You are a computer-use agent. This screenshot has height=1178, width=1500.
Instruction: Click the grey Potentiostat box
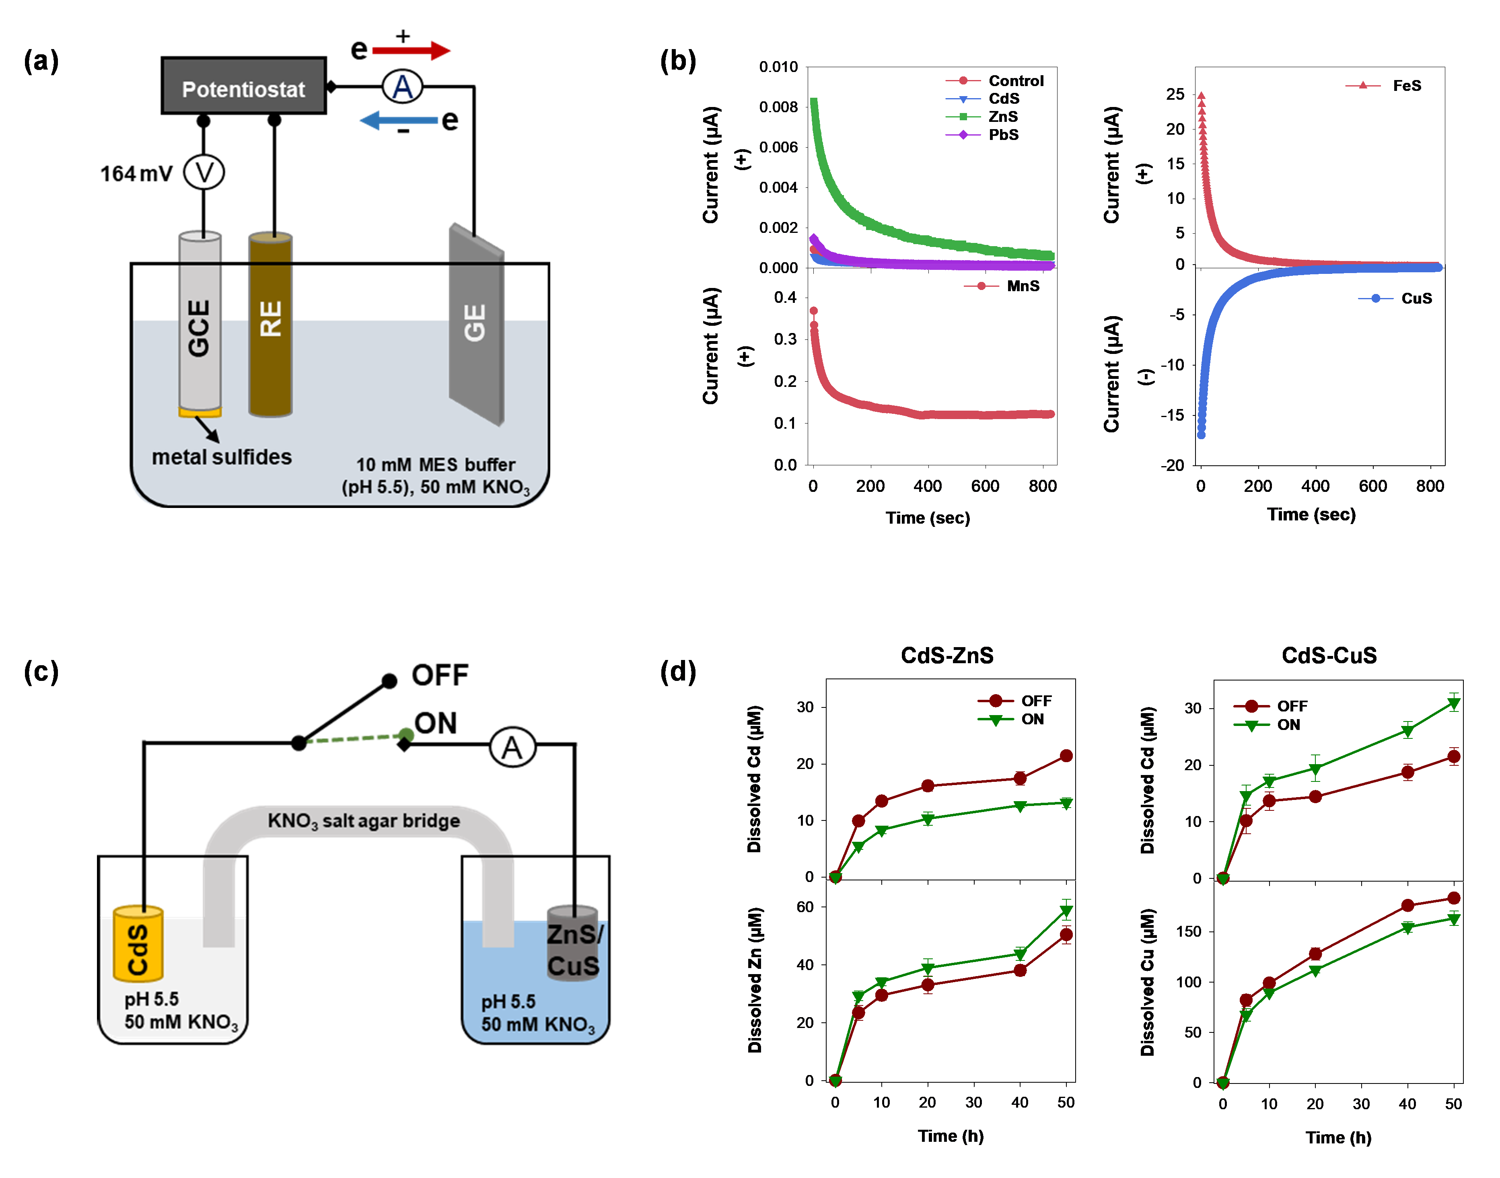243,86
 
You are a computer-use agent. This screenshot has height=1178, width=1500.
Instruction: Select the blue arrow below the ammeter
399,121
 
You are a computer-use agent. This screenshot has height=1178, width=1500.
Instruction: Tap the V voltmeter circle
204,173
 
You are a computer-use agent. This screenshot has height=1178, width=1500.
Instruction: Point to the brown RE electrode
270,324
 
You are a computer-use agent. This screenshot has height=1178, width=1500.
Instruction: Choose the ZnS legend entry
1002,117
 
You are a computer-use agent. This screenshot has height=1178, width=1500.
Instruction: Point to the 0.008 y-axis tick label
778,107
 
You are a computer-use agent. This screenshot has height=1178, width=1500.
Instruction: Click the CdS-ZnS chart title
947,655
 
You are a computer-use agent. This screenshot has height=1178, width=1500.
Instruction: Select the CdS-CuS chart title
1329,655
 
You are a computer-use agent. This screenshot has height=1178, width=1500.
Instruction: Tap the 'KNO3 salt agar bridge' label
364,821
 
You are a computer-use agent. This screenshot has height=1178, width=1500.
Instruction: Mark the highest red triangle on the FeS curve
1202,96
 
